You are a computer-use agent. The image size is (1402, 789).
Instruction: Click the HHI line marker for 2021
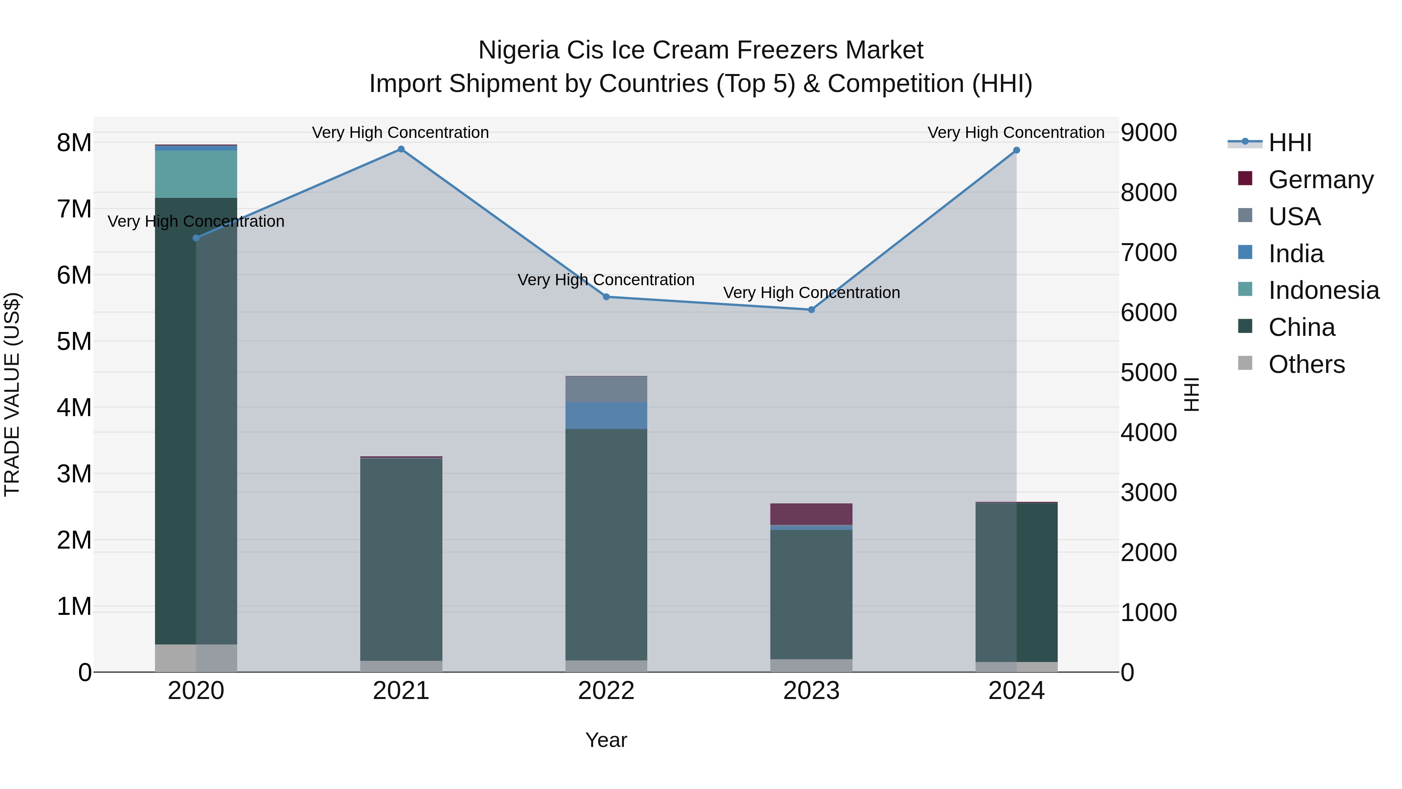coord(401,149)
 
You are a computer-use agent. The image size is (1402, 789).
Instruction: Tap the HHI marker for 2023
coord(812,310)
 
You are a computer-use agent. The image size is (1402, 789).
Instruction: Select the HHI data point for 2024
coord(1016,150)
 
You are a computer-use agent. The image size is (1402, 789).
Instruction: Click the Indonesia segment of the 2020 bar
coord(196,174)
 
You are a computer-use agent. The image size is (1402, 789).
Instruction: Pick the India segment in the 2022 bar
coord(606,415)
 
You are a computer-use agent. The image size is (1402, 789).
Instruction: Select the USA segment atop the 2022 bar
coord(606,389)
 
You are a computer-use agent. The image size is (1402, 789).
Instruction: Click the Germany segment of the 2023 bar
coord(812,514)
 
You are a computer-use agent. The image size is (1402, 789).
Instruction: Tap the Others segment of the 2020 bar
coord(196,658)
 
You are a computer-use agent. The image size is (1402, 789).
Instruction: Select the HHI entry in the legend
coord(1290,143)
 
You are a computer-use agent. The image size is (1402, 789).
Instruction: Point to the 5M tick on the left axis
coord(74,341)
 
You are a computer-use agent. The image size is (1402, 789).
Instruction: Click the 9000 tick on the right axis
coord(1148,132)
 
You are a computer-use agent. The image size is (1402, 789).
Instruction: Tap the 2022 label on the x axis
coord(606,691)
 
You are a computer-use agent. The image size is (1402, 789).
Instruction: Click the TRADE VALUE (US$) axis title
coord(12,395)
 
